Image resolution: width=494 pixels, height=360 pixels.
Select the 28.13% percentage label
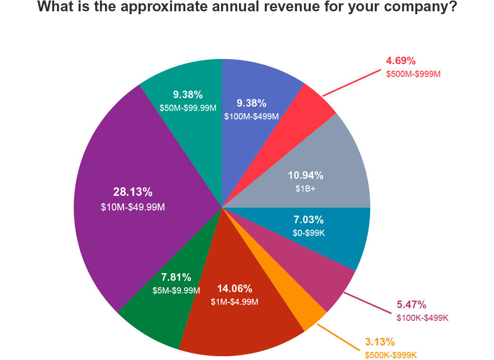click(x=132, y=192)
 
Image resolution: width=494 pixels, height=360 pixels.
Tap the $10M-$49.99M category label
click(x=132, y=207)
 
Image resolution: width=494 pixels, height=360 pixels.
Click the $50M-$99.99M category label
click(x=188, y=108)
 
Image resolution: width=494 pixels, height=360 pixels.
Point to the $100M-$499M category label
click(x=252, y=116)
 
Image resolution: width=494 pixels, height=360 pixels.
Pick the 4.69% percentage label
click(x=401, y=60)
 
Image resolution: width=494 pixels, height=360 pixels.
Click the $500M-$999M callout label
click(x=413, y=74)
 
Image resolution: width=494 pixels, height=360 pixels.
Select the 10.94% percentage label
click(x=305, y=176)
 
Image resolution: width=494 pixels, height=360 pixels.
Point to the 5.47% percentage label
click(x=412, y=304)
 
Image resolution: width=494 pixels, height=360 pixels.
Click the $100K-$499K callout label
click(x=422, y=318)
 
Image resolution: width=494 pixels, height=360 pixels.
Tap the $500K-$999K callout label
click(x=391, y=355)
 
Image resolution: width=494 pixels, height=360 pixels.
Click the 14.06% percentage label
click(x=234, y=289)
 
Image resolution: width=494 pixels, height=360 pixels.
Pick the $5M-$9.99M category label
click(x=176, y=290)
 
